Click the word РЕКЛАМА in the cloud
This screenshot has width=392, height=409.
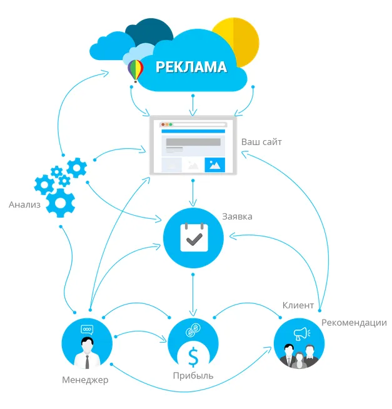191,67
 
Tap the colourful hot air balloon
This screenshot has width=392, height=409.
135,69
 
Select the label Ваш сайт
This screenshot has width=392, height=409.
261,142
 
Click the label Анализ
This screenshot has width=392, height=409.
24,204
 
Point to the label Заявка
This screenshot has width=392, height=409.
237,216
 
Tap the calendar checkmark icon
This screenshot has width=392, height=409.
193,238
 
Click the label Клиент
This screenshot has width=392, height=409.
298,305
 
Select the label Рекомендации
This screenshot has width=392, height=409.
354,323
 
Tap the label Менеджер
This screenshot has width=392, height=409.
85,380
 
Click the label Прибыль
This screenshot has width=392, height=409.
193,376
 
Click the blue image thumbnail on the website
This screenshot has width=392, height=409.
214,164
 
